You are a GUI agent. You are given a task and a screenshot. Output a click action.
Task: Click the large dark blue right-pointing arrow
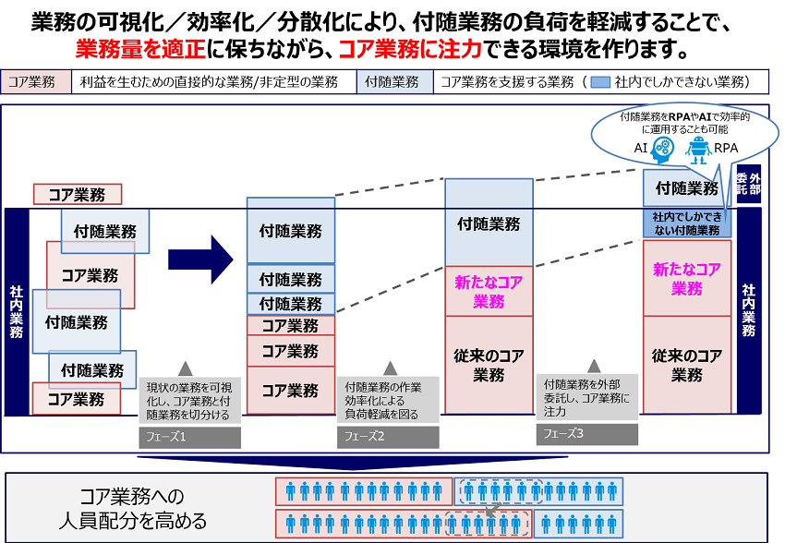200,253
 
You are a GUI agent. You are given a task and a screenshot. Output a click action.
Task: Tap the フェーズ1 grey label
189,437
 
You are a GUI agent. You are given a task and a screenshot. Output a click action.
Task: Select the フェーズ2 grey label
384,437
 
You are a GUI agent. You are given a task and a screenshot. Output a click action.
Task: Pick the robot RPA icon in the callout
699,147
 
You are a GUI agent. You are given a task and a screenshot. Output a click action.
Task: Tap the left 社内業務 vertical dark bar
17,311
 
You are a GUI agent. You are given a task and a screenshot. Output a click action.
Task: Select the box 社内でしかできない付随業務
686,223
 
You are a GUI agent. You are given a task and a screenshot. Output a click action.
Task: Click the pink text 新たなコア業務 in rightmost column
686,278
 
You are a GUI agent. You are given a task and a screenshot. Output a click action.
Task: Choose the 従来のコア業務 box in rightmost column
686,365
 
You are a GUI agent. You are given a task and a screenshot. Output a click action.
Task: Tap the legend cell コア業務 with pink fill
35,82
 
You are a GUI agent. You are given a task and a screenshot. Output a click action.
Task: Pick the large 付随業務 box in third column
489,223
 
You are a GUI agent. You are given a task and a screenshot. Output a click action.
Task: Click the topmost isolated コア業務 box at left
78,195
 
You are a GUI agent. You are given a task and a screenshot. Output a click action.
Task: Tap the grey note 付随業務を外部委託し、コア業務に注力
587,397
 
